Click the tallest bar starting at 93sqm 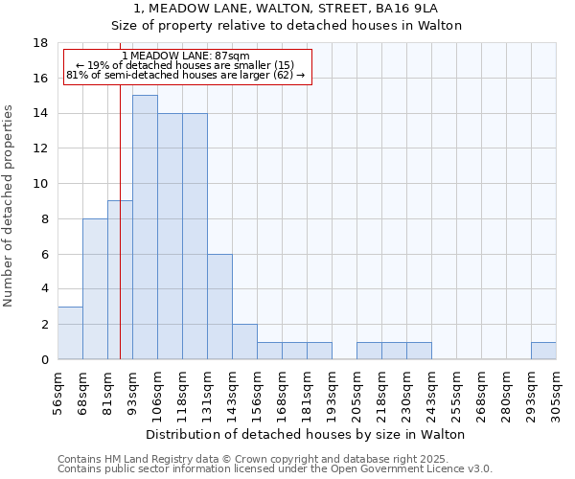tap(145, 227)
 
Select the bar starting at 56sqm tap(70, 333)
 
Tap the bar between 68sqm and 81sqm tap(95, 289)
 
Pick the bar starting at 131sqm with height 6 tap(219, 307)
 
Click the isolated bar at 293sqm tap(543, 351)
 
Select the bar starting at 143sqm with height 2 tap(244, 342)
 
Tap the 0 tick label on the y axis tap(45, 360)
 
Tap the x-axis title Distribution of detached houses tap(308, 434)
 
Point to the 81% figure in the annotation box tap(76, 75)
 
